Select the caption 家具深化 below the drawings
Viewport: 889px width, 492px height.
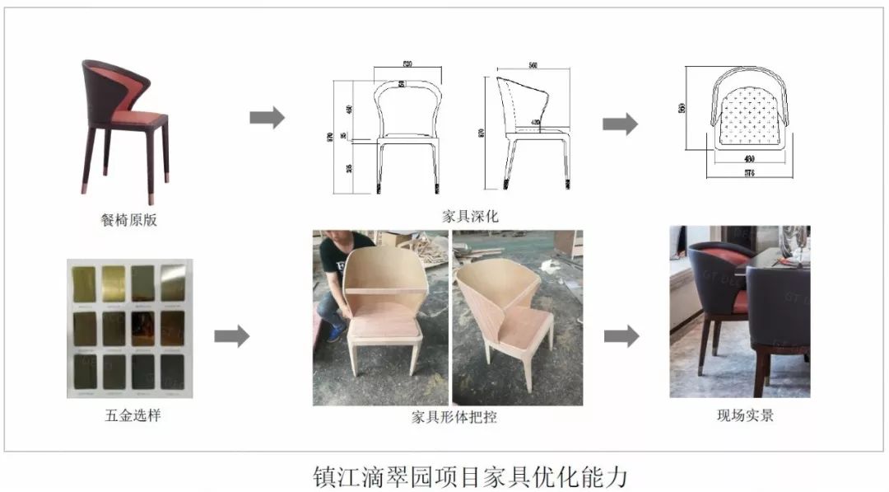point(470,217)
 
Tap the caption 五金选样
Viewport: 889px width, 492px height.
point(129,415)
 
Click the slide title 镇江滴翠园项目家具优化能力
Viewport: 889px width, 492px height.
point(470,476)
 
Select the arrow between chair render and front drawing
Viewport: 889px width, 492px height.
point(267,118)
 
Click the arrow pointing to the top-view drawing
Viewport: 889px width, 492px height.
point(620,124)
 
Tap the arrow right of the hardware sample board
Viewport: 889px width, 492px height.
point(231,336)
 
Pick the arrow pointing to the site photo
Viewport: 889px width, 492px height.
point(621,336)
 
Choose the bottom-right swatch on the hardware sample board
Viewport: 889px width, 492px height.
point(173,372)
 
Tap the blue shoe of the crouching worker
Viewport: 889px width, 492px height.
point(335,332)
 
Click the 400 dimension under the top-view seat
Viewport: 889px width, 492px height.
point(747,158)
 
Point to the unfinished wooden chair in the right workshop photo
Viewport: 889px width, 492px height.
point(508,316)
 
